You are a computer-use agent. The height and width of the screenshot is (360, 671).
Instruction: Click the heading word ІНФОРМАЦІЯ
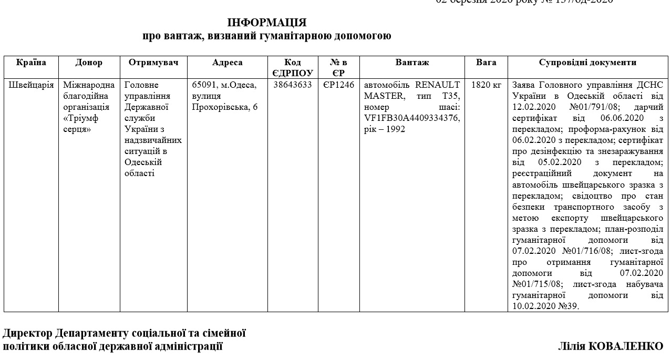click(266, 23)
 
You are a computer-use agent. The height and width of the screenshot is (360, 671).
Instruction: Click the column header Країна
click(31, 63)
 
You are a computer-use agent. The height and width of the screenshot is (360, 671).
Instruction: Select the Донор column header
click(89, 63)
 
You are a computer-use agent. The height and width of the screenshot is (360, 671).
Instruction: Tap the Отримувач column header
click(153, 63)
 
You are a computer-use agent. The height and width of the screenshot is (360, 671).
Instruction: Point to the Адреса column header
click(227, 63)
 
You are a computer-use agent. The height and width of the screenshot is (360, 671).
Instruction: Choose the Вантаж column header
click(412, 63)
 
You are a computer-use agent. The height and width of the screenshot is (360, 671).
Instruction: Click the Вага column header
click(486, 63)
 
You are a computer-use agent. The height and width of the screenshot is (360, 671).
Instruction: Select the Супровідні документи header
click(587, 63)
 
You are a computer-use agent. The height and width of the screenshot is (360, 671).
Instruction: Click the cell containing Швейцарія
click(31, 85)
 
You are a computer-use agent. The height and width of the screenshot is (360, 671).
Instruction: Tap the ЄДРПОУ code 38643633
click(293, 85)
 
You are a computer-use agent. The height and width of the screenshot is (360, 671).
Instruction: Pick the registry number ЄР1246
click(338, 85)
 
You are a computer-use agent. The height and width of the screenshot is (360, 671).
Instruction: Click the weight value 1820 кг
click(486, 85)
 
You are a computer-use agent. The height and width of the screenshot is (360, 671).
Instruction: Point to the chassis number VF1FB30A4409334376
click(412, 118)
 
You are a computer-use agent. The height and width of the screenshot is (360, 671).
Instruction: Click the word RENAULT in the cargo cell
click(437, 85)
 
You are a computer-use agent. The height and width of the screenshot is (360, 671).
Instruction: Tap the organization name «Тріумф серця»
click(80, 124)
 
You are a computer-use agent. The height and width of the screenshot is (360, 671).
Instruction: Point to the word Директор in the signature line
click(27, 333)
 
